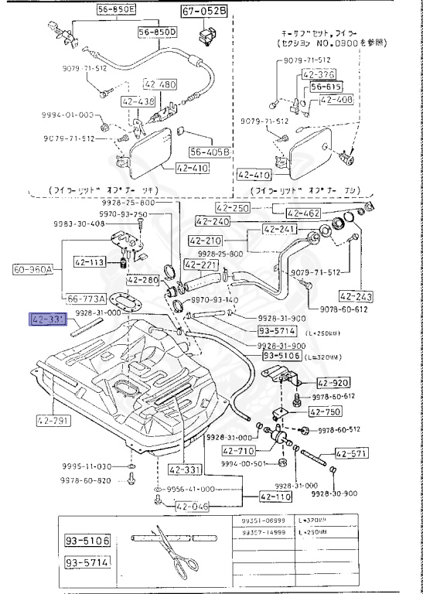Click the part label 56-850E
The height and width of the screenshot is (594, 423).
[116, 10]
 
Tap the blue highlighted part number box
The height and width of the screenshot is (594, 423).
[46, 318]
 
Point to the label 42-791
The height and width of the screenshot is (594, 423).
[52, 422]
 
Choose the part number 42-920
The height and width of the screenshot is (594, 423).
[333, 383]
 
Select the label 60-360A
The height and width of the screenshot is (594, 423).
[32, 270]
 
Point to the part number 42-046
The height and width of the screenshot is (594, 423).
[193, 507]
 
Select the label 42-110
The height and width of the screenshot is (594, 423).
[275, 497]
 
